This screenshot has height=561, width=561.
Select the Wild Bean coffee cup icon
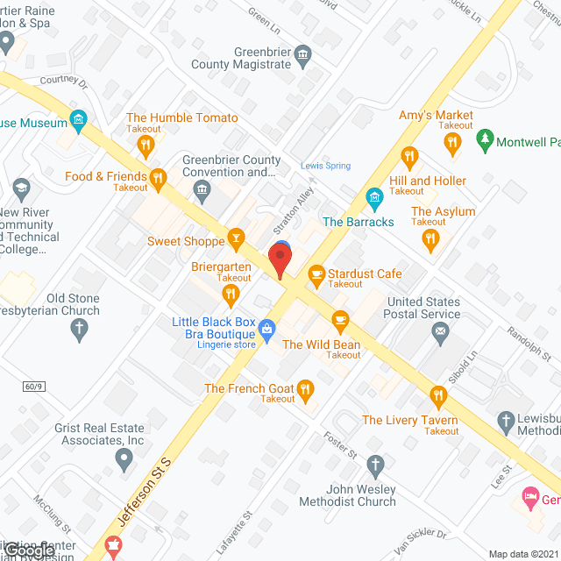coord(339,318)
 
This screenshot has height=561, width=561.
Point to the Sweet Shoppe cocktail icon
coord(235,237)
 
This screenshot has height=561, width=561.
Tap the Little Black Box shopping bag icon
coord(268,329)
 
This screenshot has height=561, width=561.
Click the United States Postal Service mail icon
coord(440,331)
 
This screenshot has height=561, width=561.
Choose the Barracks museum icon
coord(374,196)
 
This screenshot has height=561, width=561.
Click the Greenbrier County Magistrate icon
coord(302,54)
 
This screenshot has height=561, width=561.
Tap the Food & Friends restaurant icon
coord(158,179)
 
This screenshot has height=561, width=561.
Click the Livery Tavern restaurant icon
coord(437,394)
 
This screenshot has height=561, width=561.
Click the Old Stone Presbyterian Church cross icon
coord(79,330)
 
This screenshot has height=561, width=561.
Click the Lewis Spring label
coord(325,165)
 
